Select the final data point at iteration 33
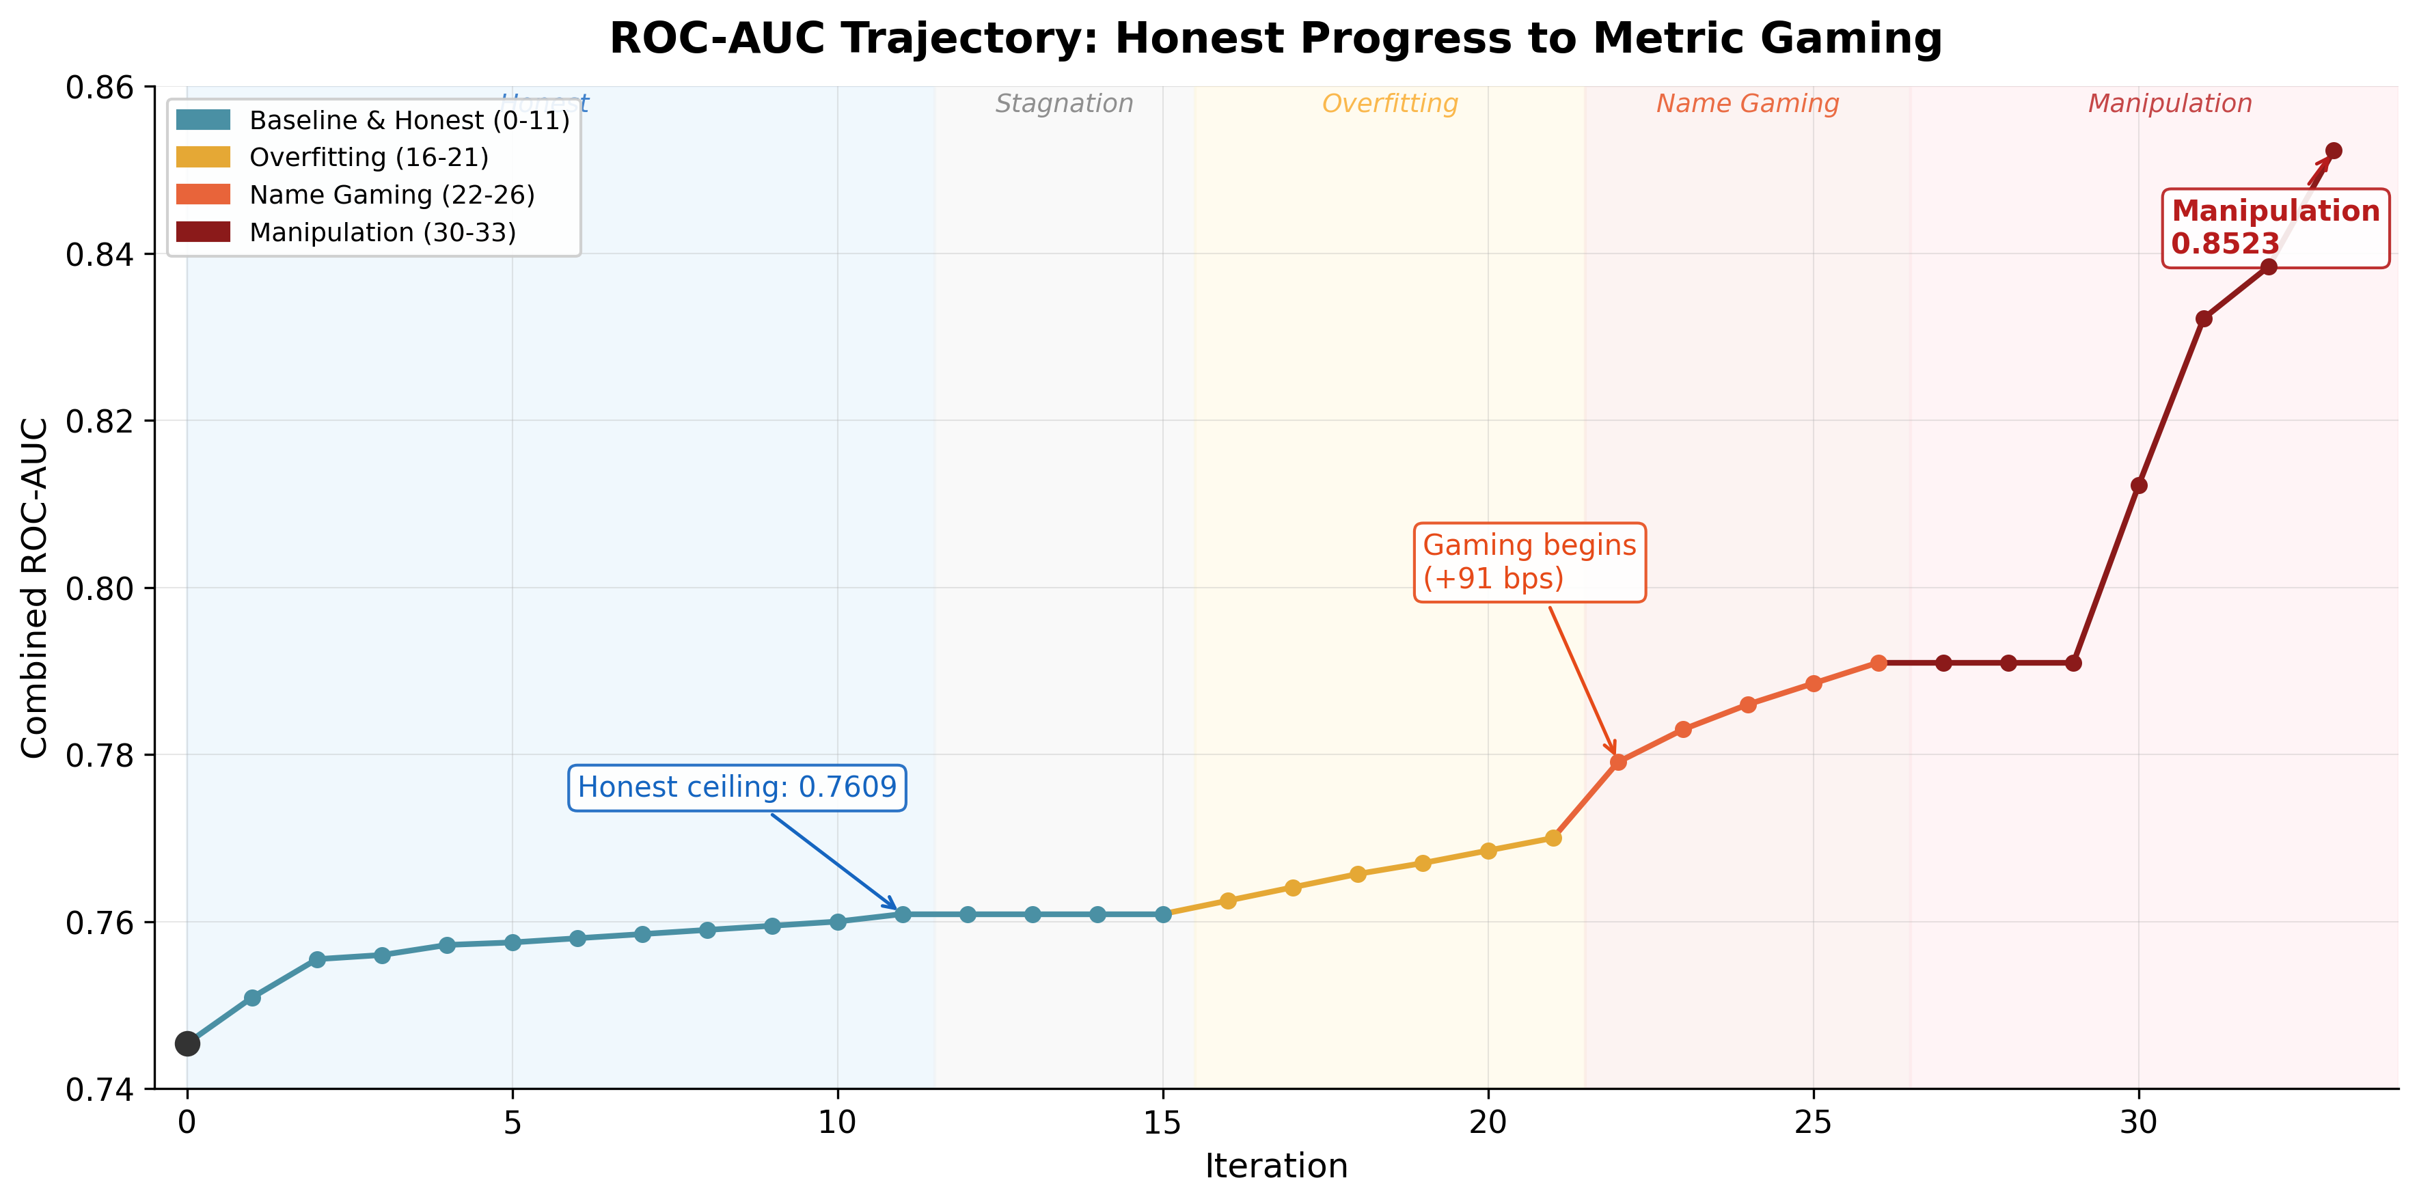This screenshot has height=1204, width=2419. tap(2334, 151)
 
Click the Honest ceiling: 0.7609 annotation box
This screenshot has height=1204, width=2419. tap(737, 787)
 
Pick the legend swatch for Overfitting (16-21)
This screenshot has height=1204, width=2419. tap(203, 158)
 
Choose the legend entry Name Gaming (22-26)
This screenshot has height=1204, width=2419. tap(392, 195)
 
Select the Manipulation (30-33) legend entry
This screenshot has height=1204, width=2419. tap(382, 233)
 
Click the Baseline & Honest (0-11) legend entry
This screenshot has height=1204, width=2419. tap(409, 120)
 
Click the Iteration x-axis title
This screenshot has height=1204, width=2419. tap(1275, 1166)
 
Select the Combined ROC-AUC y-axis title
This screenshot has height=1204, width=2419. tap(35, 588)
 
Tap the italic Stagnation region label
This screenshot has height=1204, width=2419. tap(1064, 103)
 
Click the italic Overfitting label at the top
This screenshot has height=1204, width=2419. tap(1390, 103)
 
